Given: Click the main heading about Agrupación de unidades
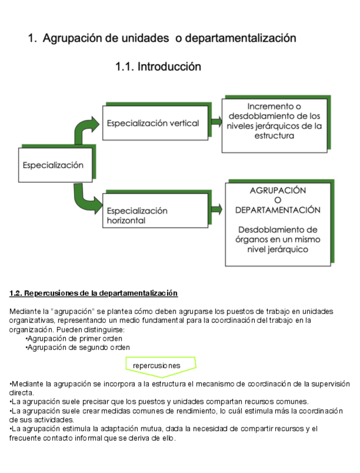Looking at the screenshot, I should point(162,38).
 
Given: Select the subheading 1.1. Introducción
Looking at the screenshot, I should point(158,67).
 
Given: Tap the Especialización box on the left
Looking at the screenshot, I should point(53,165).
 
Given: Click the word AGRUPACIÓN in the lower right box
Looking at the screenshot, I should point(278,190).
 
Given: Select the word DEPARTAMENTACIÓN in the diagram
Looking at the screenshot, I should point(278,210).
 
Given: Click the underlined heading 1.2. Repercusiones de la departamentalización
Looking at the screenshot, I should point(94,293).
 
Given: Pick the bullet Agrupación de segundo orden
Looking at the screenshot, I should point(77,347).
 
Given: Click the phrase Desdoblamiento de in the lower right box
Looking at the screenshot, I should point(278,230).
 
